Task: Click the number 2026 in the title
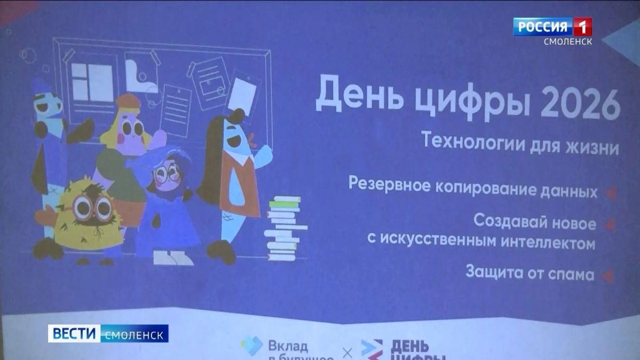580,105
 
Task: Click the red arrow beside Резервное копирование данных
610,193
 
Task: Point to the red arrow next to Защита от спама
607,276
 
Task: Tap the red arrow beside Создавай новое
609,225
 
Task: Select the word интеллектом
548,242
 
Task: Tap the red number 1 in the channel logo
582,27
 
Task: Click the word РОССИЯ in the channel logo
542,27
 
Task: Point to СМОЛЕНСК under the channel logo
568,42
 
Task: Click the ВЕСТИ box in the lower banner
74,333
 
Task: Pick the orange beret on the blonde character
129,101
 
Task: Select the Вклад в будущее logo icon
252,346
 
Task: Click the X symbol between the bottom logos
347,354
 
